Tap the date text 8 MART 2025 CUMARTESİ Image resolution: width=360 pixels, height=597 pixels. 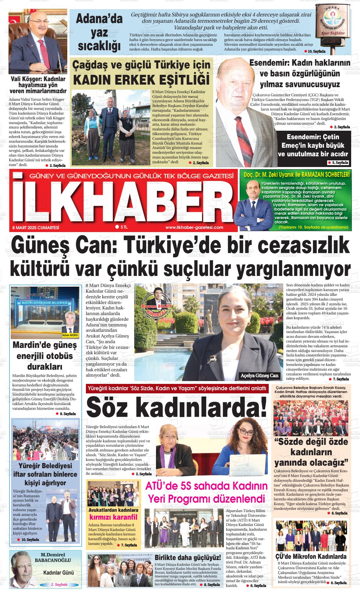[x=36, y=227]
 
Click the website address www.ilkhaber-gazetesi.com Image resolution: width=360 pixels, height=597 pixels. [x=194, y=227]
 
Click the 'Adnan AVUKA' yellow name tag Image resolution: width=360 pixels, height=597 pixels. [x=70, y=335]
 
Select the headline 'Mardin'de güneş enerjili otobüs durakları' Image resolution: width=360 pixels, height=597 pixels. [x=45, y=356]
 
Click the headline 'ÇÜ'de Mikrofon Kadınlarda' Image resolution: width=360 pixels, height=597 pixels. [x=311, y=557]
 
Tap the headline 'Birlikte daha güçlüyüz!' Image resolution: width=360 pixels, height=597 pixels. [x=188, y=557]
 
